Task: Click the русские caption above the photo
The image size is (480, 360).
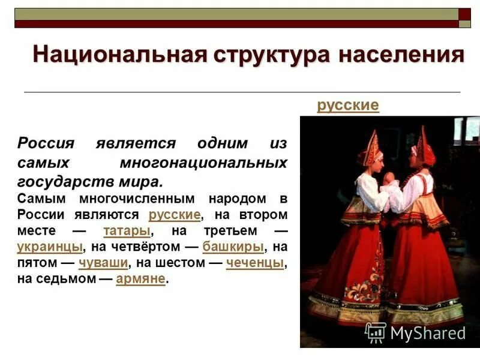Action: (348, 106)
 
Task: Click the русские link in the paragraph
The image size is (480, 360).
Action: (174, 214)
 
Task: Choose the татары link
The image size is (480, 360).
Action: (127, 230)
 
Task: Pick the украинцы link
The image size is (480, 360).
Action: (49, 247)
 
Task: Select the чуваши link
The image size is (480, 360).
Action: (103, 263)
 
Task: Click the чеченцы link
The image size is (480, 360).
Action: (255, 263)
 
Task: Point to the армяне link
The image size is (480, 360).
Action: (140, 279)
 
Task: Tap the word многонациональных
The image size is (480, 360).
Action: (203, 163)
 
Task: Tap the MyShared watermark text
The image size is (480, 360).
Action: (428, 333)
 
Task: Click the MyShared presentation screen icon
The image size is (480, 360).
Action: (376, 332)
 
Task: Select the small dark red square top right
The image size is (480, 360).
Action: (464, 13)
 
